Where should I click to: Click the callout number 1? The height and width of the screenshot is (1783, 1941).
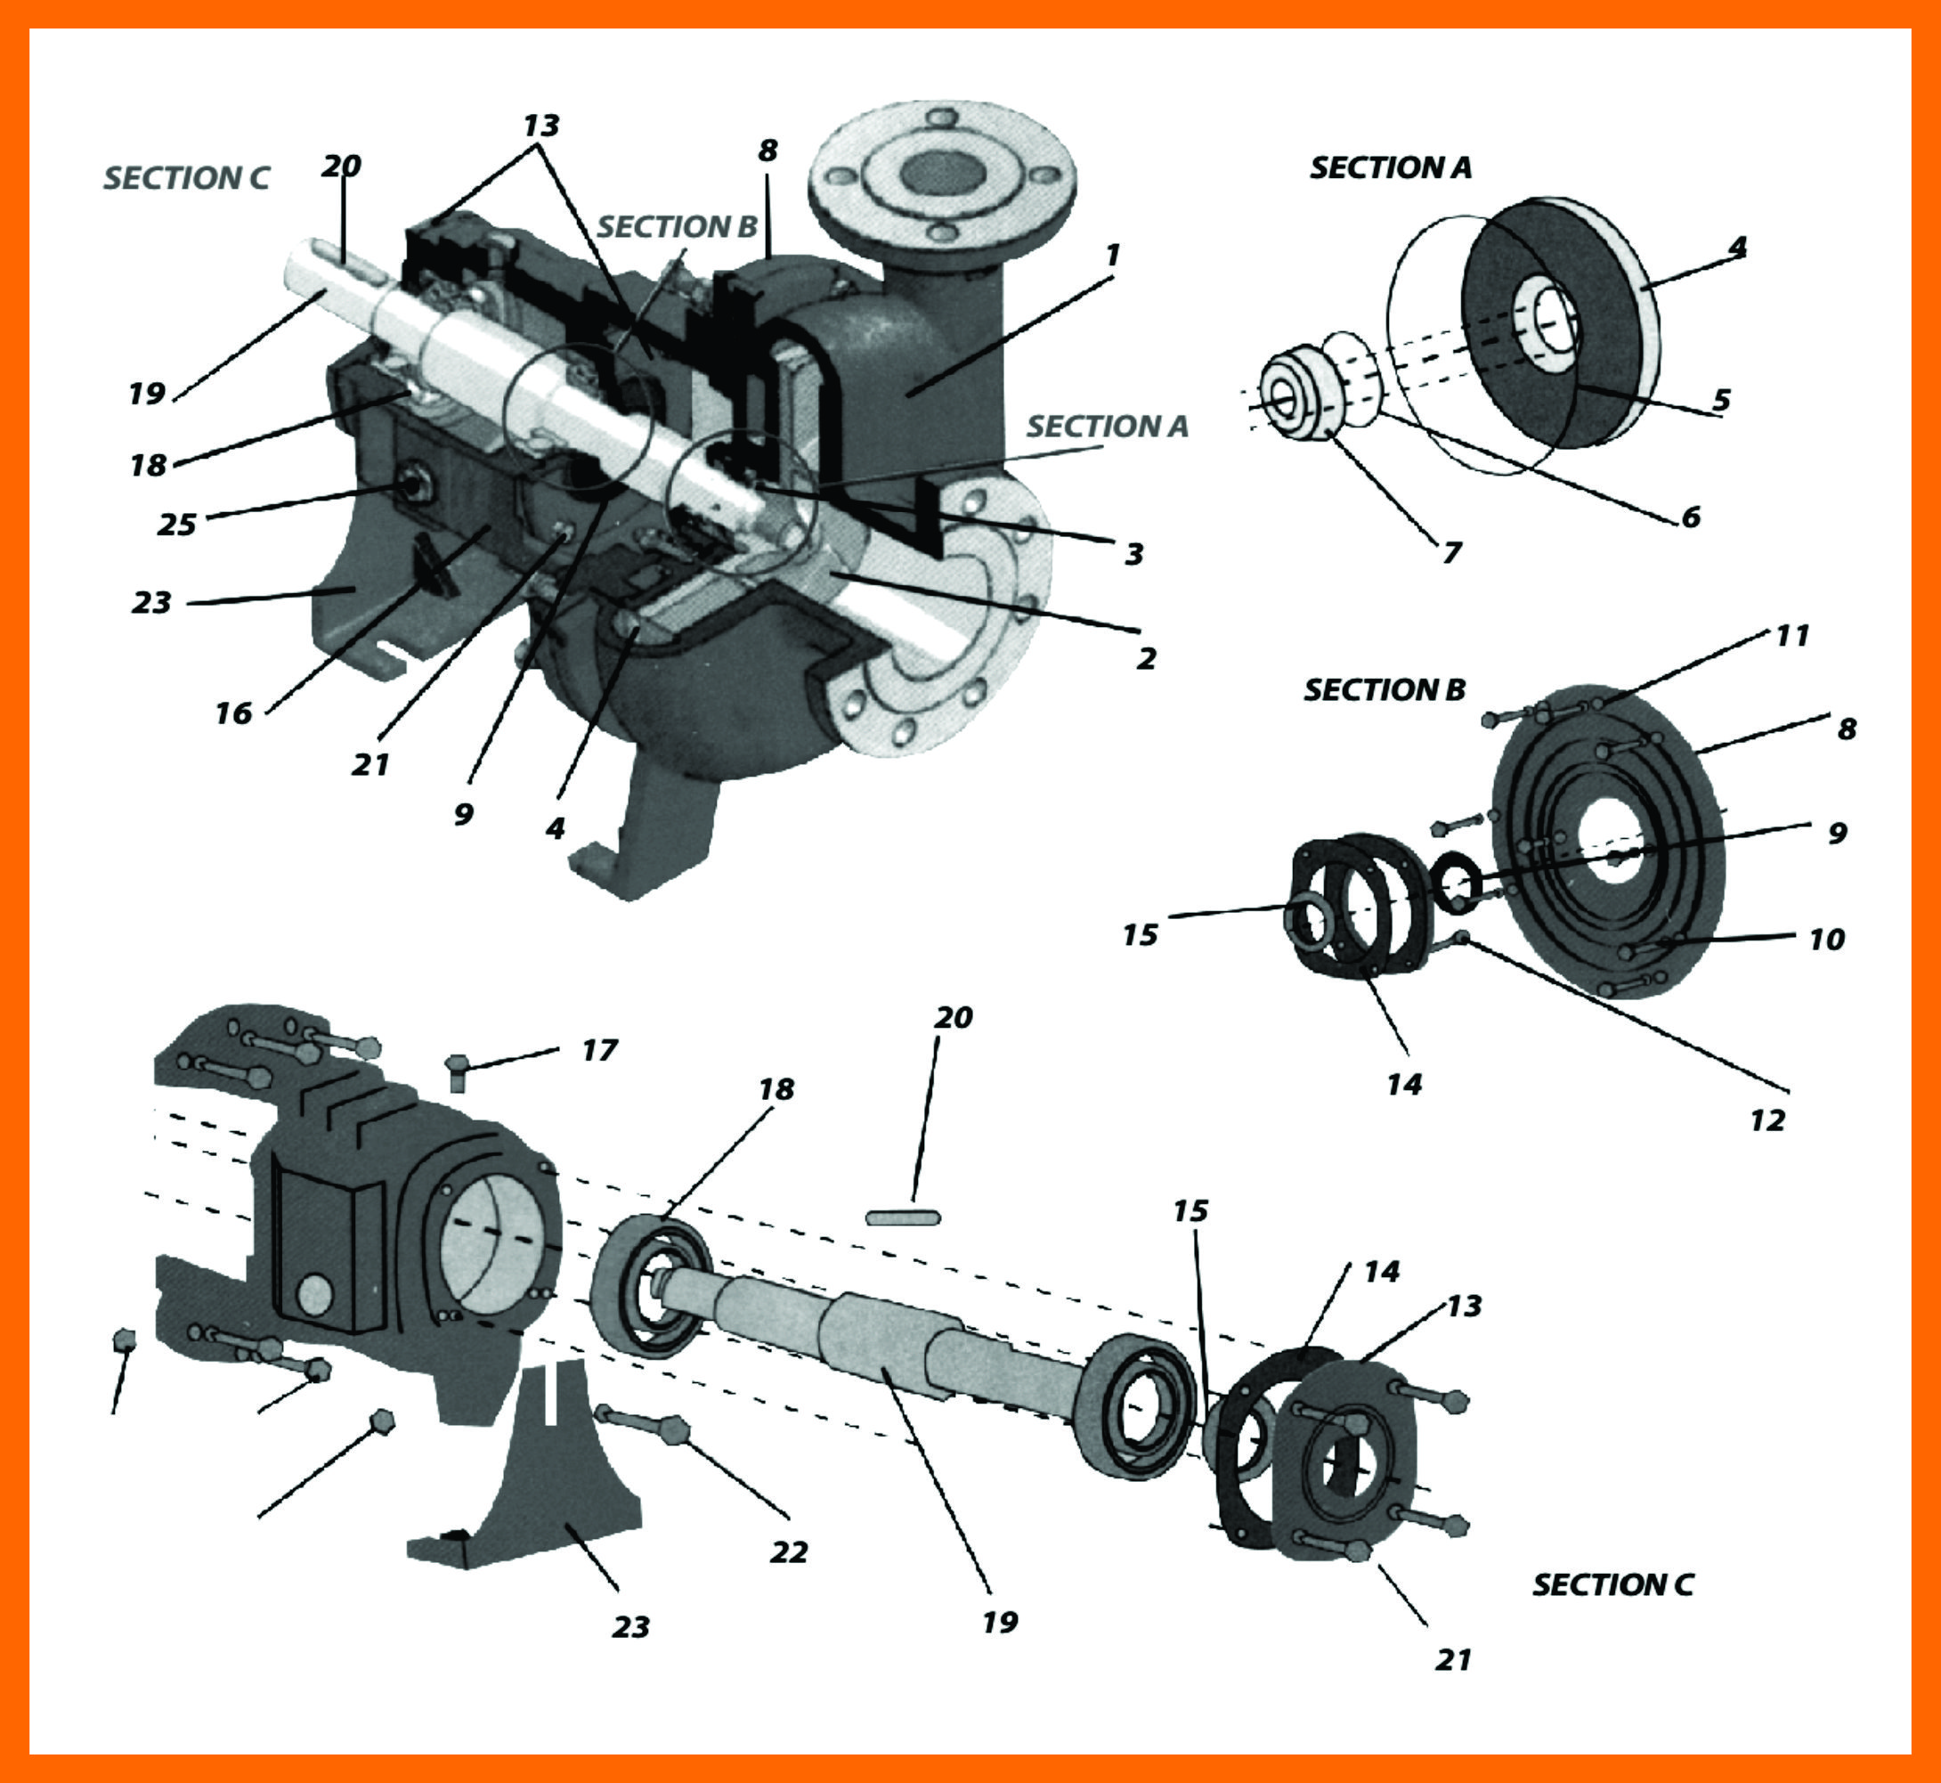1112,256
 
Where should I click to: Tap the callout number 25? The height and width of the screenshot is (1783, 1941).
176,525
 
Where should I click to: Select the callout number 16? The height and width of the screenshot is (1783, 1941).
233,714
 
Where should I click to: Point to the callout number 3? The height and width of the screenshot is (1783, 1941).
1134,554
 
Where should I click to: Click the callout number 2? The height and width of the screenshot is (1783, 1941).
1145,659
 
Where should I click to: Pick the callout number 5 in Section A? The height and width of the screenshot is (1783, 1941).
1722,399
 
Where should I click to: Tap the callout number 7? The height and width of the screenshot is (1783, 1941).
1452,553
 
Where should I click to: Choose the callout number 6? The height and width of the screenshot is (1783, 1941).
1690,517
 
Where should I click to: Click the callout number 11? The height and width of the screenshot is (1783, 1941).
1791,636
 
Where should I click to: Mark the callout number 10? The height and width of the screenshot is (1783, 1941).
1826,939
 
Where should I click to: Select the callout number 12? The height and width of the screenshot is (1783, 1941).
1767,1120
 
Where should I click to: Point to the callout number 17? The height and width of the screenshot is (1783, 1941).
599,1051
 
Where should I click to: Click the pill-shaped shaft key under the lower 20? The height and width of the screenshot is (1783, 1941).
902,1217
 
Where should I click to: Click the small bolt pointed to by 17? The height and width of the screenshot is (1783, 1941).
459,1068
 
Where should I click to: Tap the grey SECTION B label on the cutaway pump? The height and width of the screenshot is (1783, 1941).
678,227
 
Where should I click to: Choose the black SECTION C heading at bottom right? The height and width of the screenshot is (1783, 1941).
1612,1584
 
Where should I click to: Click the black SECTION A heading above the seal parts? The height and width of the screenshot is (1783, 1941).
1390,167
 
